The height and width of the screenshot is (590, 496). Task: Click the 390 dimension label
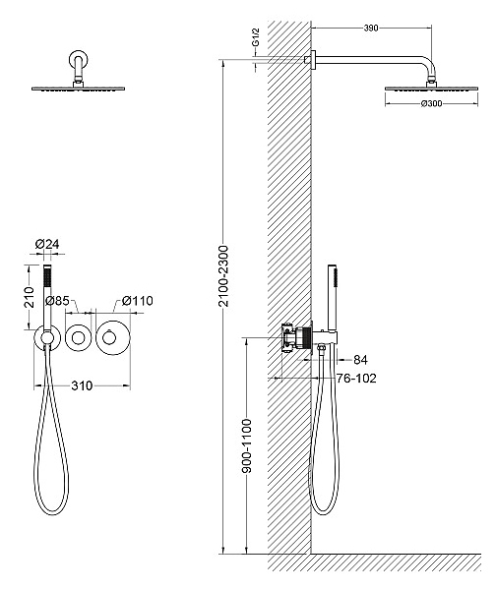tap(371, 28)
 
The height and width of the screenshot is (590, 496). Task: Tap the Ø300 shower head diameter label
tap(431, 103)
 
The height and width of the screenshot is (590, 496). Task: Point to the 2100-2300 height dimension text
tap(223, 275)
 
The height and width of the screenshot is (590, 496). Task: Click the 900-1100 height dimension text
tap(246, 445)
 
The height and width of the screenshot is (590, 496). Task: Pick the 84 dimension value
tap(360, 360)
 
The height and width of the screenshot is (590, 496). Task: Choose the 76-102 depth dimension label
tap(356, 379)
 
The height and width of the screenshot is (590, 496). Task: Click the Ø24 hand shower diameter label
tap(47, 244)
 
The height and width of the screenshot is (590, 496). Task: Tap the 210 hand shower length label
tap(30, 297)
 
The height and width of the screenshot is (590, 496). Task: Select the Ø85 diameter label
tap(57, 301)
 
